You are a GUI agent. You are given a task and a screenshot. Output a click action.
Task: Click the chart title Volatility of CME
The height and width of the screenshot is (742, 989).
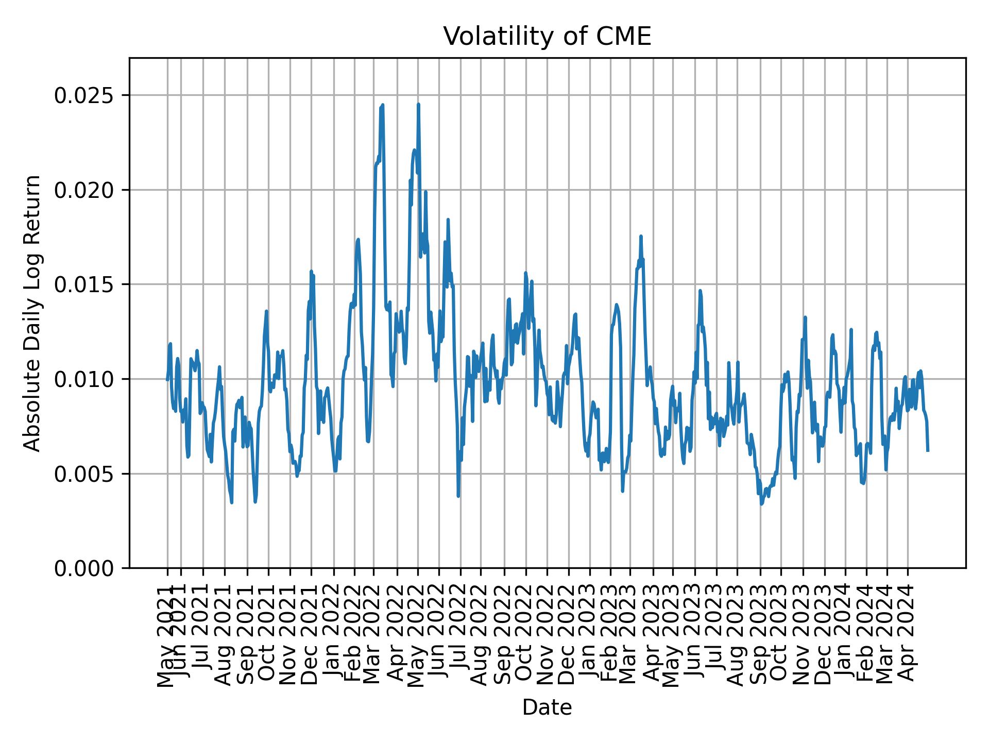547,37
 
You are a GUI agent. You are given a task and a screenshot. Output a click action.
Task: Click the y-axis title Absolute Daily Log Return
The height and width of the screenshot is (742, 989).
33,313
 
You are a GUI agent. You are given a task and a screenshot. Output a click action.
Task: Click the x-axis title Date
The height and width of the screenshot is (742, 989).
547,707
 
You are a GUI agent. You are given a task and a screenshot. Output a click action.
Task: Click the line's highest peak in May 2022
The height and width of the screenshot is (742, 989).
418,105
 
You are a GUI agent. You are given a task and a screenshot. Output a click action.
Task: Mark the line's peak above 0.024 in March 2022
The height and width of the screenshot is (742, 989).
382,105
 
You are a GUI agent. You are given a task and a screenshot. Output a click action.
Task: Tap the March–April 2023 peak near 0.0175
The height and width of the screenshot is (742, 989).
641,237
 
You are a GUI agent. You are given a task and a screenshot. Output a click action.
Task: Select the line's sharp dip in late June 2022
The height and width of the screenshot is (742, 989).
458,496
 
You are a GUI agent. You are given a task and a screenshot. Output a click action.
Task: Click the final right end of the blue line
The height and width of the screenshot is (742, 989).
928,450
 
